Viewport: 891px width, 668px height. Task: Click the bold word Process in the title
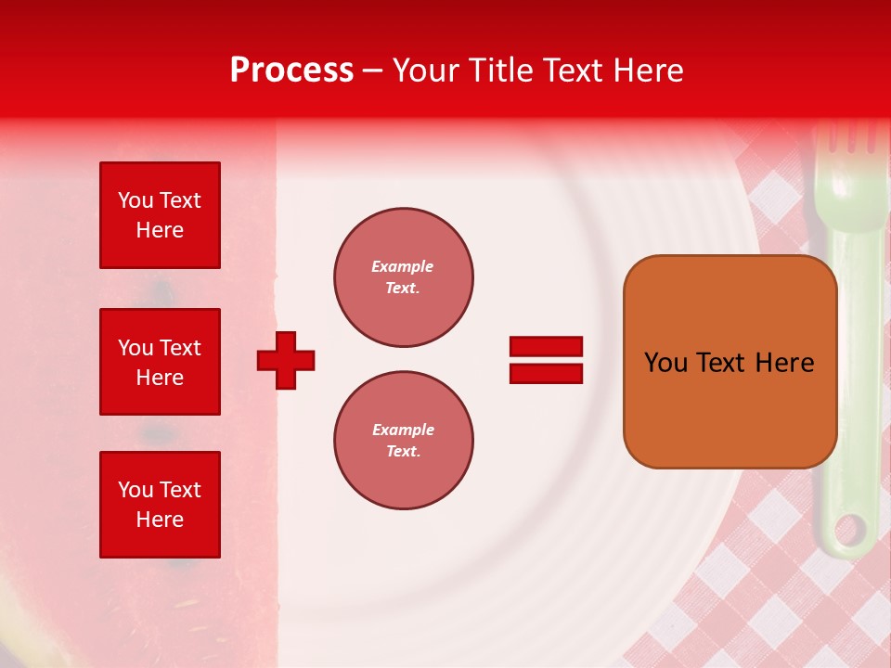[x=291, y=71]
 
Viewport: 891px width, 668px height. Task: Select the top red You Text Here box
[x=160, y=215]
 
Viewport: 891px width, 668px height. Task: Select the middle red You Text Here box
[x=160, y=362]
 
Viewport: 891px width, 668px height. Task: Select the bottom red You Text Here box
[x=160, y=505]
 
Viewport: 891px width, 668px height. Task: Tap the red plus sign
[x=286, y=360]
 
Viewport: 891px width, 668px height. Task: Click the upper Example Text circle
[x=403, y=277]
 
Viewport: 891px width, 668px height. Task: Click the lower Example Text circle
[x=403, y=441]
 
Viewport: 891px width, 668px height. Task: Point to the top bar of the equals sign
[x=546, y=347]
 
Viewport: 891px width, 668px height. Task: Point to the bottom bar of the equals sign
[x=546, y=373]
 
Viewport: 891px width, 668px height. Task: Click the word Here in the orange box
[x=784, y=363]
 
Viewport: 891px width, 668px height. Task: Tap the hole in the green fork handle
[x=848, y=532]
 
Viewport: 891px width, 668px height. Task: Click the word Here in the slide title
[x=649, y=71]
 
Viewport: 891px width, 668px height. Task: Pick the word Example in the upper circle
[x=403, y=266]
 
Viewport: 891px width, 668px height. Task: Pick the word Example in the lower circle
[x=403, y=430]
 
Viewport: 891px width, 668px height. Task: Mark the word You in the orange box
[x=665, y=363]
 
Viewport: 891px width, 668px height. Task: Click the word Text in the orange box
[x=721, y=363]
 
